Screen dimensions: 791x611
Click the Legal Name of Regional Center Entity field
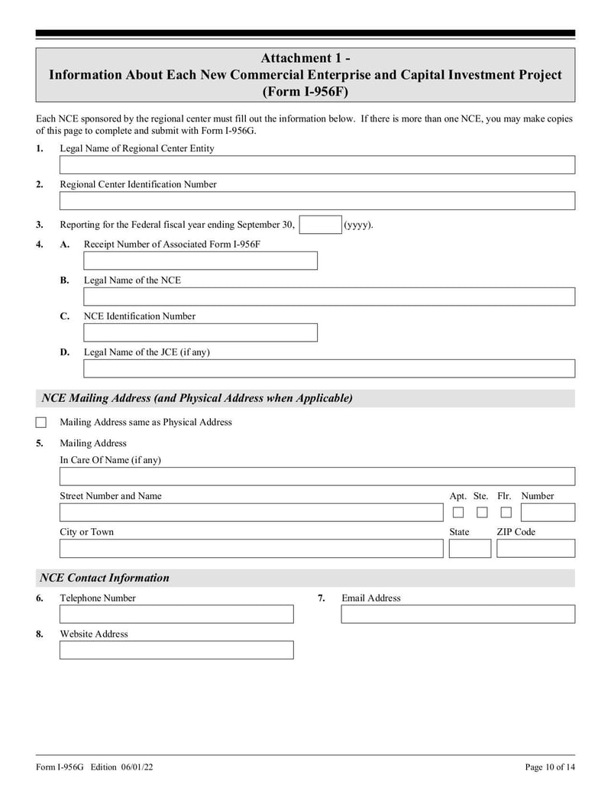click(317, 165)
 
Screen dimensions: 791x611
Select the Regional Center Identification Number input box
click(317, 201)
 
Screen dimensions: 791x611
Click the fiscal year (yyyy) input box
click(320, 225)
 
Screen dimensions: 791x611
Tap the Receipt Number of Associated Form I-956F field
click(200, 261)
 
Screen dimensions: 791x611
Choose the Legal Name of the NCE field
click(328, 297)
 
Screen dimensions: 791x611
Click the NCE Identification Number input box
click(200, 332)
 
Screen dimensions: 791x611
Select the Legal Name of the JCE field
click(328, 368)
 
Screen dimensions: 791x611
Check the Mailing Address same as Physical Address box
click(41, 423)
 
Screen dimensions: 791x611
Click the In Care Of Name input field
click(317, 477)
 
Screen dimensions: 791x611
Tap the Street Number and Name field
click(251, 513)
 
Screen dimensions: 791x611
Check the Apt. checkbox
click(458, 513)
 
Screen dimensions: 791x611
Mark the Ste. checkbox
click(482, 513)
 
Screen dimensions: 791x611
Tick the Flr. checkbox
click(506, 513)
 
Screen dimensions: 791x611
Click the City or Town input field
click(251, 549)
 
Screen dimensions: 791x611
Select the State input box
click(470, 549)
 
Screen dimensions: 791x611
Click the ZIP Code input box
click(535, 549)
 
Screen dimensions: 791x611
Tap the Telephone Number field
click(176, 614)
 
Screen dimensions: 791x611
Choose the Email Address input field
click(457, 614)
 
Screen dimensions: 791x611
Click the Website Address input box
click(176, 650)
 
